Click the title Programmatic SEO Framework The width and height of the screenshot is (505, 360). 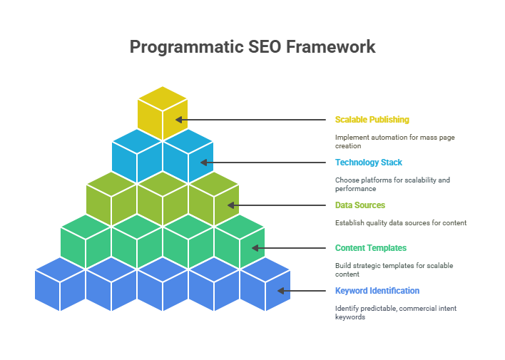252,47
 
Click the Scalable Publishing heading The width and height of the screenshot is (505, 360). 372,120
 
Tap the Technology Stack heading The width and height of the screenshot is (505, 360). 369,163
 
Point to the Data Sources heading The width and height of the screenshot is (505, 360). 360,205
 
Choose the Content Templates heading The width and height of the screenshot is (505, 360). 371,248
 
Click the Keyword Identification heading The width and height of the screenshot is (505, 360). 377,291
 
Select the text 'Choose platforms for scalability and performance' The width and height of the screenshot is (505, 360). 392,184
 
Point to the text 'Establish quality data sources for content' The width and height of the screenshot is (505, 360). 401,223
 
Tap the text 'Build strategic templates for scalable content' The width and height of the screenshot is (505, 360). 394,269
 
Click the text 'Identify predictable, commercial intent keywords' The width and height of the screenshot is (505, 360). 396,312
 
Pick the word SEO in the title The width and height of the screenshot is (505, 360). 265,47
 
